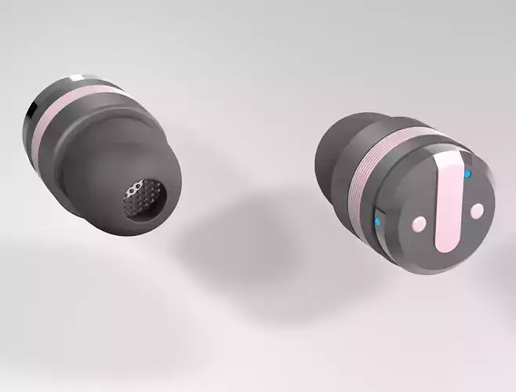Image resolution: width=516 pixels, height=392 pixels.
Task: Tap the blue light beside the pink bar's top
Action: (x=468, y=174)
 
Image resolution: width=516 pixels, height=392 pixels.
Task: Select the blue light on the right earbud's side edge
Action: (x=377, y=222)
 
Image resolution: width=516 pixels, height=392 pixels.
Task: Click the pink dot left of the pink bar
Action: (x=420, y=224)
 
